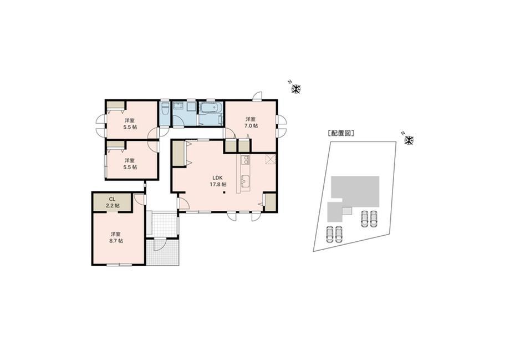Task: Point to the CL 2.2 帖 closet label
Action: point(112,202)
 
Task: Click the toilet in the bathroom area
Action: point(165,109)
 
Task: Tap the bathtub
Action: point(211,108)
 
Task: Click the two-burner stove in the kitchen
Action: point(245,159)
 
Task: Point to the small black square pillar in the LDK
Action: point(224,192)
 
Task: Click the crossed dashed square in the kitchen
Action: point(271,160)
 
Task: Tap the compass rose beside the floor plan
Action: point(297,89)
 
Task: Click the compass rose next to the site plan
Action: point(409,140)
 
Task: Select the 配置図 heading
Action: point(340,133)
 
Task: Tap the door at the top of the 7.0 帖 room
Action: point(257,95)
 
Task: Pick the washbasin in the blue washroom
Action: point(177,106)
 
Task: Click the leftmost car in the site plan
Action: point(329,234)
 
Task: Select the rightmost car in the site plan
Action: point(374,219)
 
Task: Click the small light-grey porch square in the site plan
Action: point(347,211)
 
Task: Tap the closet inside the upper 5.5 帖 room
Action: point(116,106)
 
